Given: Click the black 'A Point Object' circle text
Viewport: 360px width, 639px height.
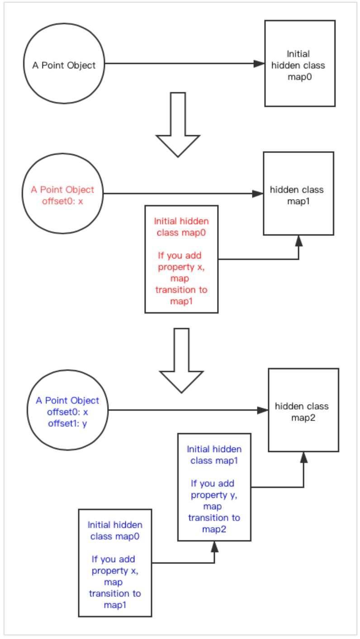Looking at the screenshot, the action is (x=64, y=65).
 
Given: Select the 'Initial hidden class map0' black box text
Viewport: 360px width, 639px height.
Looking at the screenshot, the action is (x=298, y=65).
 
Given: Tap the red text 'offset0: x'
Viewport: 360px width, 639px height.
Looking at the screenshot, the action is (x=62, y=201).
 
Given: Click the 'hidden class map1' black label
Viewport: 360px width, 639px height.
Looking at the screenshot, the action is (x=297, y=196).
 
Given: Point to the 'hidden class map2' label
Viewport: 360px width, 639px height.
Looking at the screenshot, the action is (x=302, y=412).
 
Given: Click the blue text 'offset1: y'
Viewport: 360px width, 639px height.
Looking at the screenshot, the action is (x=67, y=423).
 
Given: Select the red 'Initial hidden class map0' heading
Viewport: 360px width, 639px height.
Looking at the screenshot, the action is (x=181, y=227).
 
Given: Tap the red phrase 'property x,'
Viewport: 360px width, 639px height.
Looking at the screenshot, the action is (x=181, y=267).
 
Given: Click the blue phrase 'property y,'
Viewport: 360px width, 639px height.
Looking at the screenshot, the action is (x=214, y=495).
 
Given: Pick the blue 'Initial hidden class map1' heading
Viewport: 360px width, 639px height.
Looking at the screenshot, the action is (x=214, y=455).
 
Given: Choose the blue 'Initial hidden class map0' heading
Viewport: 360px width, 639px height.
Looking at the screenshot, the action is (x=115, y=530).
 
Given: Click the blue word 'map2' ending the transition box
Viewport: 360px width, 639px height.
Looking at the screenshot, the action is (x=214, y=529).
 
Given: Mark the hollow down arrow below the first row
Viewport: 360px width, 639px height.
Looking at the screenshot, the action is (x=178, y=124).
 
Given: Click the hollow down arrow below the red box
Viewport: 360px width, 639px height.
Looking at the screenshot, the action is (x=181, y=361).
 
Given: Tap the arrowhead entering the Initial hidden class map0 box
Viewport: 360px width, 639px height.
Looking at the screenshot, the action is (x=259, y=64).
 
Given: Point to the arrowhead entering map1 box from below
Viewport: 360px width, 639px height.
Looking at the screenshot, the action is (x=298, y=241).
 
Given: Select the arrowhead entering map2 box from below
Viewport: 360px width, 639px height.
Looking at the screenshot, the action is (x=304, y=457).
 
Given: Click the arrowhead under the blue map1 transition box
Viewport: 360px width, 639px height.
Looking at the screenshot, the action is (x=214, y=547).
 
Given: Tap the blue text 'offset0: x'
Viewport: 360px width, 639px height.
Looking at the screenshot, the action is (x=67, y=412).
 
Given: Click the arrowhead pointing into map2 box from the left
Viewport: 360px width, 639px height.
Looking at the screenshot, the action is (x=262, y=410).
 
